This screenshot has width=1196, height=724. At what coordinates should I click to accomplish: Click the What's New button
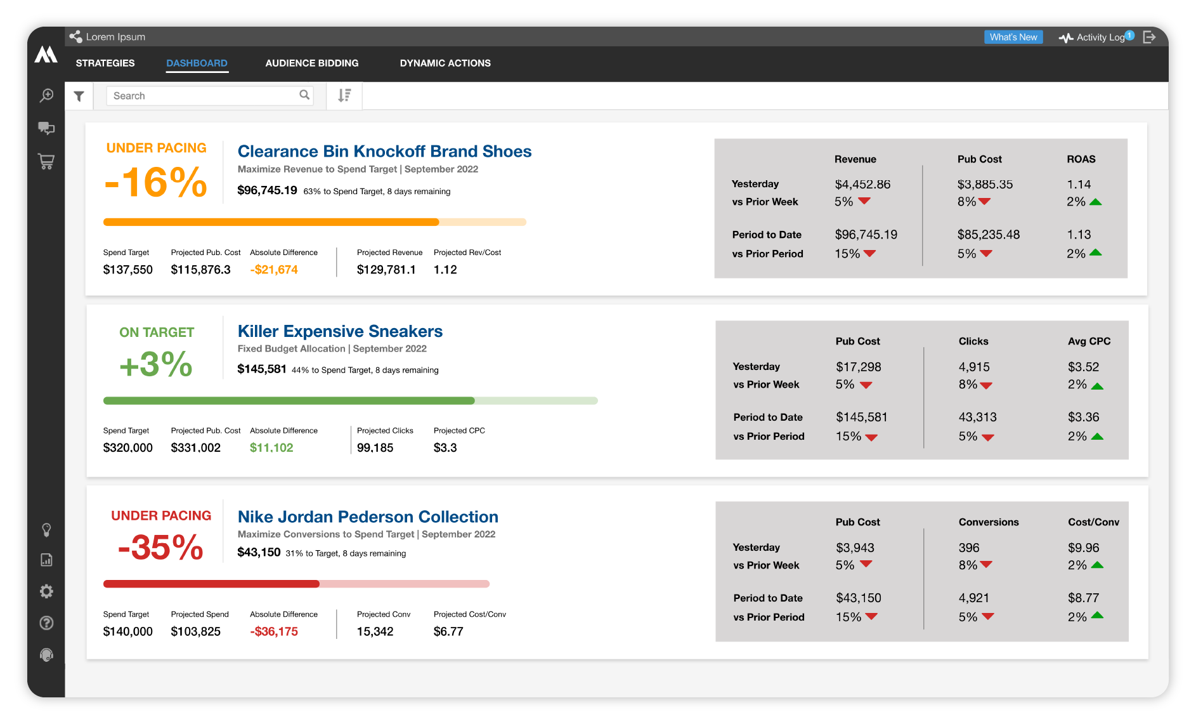[1013, 37]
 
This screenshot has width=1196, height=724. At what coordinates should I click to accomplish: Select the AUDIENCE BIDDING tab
[311, 63]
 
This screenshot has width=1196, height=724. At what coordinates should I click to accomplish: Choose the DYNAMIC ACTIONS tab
[445, 63]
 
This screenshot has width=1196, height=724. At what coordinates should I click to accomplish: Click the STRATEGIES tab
[105, 63]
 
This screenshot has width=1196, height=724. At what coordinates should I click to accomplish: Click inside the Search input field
[203, 96]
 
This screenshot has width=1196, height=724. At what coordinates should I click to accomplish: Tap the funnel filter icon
[79, 96]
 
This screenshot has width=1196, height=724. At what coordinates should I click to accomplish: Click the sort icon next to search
[344, 96]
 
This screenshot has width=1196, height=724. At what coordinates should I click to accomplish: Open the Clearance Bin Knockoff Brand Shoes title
[384, 152]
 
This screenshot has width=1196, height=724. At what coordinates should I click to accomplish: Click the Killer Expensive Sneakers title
[340, 331]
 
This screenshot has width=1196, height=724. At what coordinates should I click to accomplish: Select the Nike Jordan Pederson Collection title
[368, 517]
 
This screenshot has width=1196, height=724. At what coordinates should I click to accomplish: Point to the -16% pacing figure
[156, 183]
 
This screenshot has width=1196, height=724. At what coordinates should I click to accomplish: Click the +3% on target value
[156, 364]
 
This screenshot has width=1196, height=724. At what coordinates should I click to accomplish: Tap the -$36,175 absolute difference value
[274, 631]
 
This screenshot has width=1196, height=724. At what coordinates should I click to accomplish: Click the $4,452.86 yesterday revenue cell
[862, 185]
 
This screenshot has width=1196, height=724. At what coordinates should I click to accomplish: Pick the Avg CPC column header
[1089, 341]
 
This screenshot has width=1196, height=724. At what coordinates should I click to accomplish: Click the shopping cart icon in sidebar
[46, 161]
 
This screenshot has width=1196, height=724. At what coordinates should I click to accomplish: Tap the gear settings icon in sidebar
[46, 591]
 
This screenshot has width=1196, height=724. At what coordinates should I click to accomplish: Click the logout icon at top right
[1149, 37]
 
